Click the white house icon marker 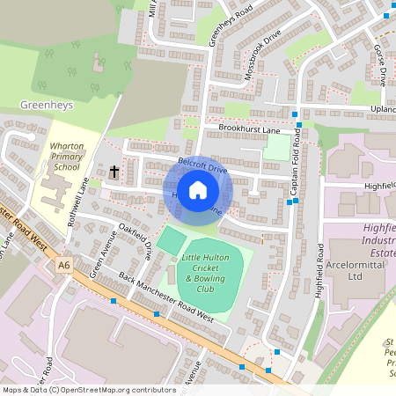198,190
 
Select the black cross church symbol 114,172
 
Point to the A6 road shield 63,264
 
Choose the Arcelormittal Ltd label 356,269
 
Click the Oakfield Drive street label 136,243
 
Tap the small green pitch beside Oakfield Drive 171,238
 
